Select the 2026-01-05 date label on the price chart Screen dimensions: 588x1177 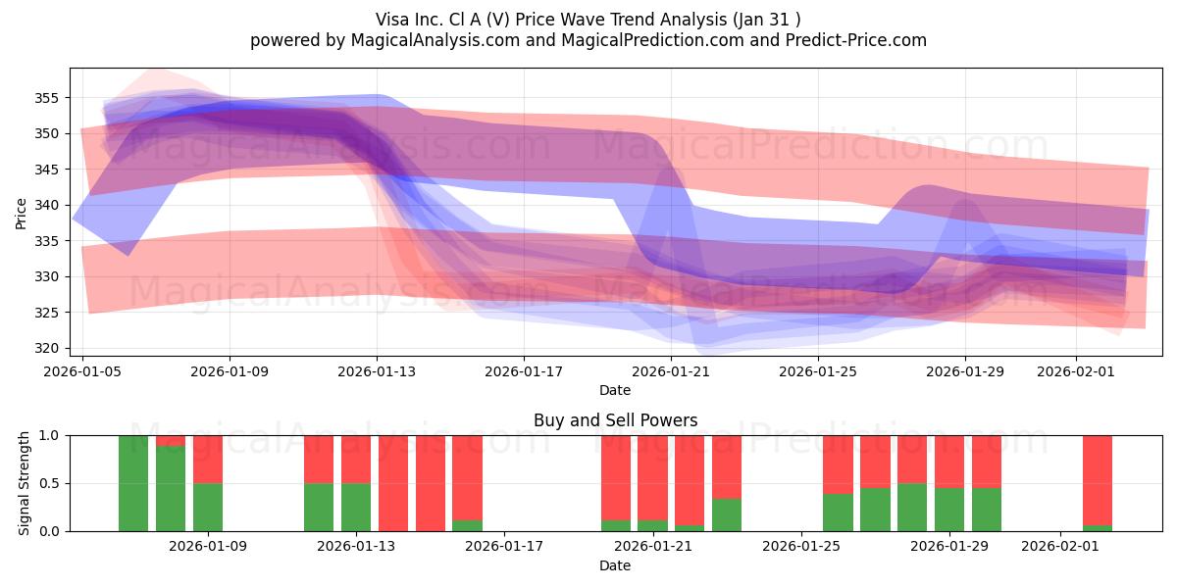[x=83, y=371]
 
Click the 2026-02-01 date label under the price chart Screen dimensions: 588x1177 [x=1076, y=371]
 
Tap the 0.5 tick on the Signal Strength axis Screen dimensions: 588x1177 [x=49, y=483]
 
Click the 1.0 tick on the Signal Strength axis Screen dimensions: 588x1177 [x=49, y=435]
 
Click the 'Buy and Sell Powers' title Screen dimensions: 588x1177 [x=615, y=420]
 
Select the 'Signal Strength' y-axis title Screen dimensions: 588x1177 [x=25, y=483]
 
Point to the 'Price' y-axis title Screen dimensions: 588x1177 [x=22, y=213]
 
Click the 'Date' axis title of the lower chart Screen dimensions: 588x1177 [x=615, y=565]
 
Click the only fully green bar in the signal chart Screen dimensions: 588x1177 [x=133, y=483]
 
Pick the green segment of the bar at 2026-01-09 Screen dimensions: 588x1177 [x=208, y=507]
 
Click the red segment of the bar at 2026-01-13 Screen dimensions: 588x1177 [x=356, y=459]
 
